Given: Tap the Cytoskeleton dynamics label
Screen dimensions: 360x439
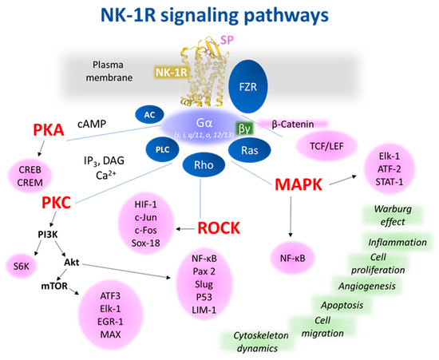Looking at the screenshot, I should click(260, 342).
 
